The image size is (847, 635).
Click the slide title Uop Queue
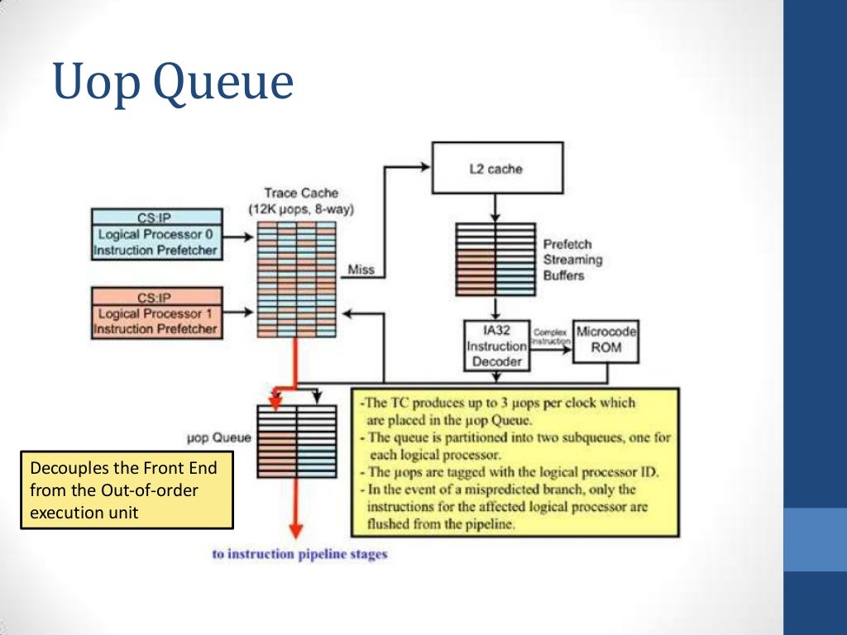pyautogui.click(x=173, y=84)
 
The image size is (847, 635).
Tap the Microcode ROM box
pyautogui.click(x=606, y=340)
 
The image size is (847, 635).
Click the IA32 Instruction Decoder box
pyautogui.click(x=496, y=346)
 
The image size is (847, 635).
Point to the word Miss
pyautogui.click(x=361, y=270)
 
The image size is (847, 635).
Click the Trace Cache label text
pyautogui.click(x=301, y=201)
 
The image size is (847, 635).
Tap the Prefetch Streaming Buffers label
pyautogui.click(x=572, y=260)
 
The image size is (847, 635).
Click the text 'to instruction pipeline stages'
pyautogui.click(x=299, y=554)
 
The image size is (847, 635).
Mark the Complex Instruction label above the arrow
pyautogui.click(x=550, y=336)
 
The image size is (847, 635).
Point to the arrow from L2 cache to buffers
pyautogui.click(x=495, y=208)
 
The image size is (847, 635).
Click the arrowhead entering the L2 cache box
pyautogui.click(x=425, y=166)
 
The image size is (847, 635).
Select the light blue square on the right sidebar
pyautogui.click(x=815, y=539)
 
